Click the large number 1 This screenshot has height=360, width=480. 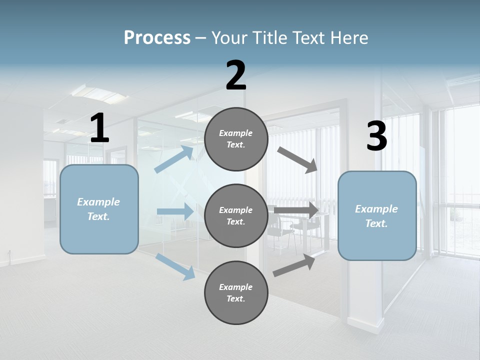[99, 128]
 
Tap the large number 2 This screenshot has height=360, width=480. [236, 75]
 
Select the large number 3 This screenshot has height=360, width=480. [376, 136]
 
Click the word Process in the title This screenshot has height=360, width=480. [157, 37]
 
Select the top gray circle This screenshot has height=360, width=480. [236, 139]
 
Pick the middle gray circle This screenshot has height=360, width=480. [236, 215]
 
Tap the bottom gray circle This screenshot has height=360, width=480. [236, 292]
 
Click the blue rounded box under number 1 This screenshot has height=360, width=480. [99, 209]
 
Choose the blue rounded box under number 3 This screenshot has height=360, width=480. [377, 215]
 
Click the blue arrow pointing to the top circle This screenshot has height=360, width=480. [174, 159]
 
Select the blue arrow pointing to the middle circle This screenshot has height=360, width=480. [175, 211]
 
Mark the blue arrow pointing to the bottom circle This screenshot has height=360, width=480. [175, 266]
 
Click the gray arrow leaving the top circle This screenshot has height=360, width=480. [297, 160]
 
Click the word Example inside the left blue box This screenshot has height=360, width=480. [98, 202]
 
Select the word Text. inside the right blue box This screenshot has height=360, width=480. [376, 223]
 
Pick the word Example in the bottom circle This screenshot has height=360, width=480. [236, 287]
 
